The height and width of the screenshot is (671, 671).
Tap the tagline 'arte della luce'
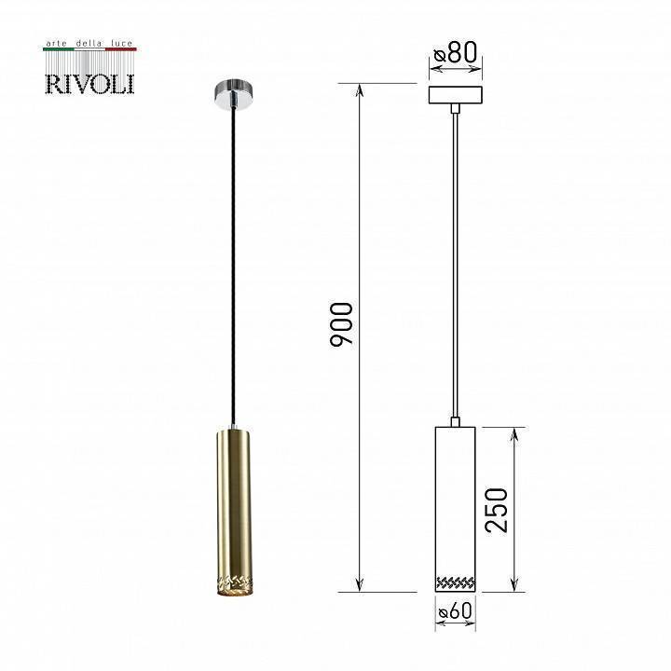90,44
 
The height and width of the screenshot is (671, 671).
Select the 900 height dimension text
342,324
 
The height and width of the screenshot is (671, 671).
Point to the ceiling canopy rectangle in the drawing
456,95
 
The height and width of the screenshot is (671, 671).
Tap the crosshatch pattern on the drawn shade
456,582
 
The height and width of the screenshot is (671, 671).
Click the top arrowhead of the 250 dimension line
513,433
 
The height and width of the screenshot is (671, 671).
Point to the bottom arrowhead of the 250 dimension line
513,585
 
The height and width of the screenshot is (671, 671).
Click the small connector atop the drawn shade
456,421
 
